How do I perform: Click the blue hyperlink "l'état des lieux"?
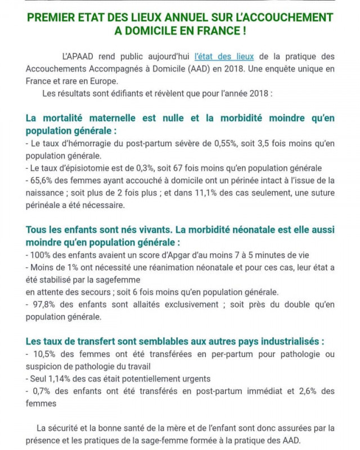(224, 57)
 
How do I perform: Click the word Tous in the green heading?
(36, 230)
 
